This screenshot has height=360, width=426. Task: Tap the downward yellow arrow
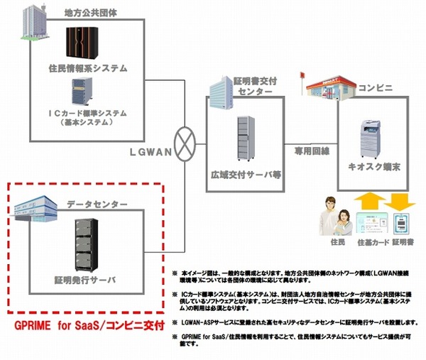coord(400,202)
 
